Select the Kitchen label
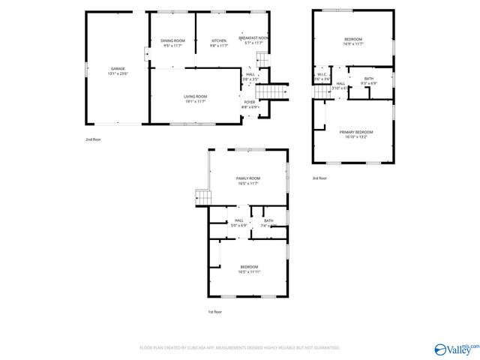coord(218,40)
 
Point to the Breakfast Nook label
coord(252,38)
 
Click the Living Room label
coord(196,97)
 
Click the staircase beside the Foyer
coord(278,91)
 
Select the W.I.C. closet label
coord(321,74)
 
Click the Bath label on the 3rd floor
coord(369,78)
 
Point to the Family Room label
coord(248,178)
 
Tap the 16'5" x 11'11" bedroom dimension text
coord(249,272)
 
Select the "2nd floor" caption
coord(92,139)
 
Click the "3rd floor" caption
coord(319,178)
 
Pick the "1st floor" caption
coord(214,311)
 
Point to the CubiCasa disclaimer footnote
coord(240,348)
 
